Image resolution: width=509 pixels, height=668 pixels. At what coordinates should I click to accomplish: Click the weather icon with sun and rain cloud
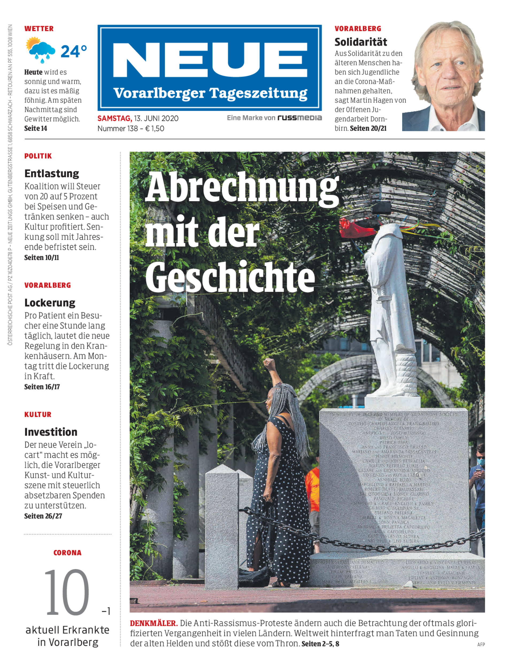(x=40, y=50)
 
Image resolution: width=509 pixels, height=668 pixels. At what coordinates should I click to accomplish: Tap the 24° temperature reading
(x=74, y=51)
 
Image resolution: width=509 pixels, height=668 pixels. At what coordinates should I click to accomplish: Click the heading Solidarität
(x=361, y=42)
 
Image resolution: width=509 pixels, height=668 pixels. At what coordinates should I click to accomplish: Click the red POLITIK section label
(x=38, y=156)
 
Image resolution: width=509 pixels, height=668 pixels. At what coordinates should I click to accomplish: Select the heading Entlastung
(x=52, y=173)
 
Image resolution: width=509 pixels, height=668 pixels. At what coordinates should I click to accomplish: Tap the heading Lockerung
(x=50, y=302)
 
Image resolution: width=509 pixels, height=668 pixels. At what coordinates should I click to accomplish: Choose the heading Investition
(x=51, y=432)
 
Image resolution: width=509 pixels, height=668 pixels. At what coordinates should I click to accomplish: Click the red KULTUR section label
(x=38, y=414)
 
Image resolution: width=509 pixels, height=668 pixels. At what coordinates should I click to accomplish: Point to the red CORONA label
(x=67, y=553)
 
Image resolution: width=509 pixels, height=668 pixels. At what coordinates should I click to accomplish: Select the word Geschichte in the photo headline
(x=230, y=276)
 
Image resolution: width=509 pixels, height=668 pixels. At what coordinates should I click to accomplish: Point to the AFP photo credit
(x=481, y=644)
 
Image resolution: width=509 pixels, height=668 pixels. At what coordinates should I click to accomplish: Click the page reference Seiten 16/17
(x=42, y=387)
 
